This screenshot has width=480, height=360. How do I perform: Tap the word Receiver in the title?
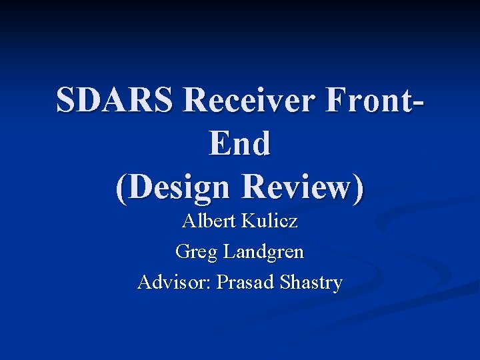(247, 101)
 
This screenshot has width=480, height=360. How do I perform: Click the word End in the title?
(240, 143)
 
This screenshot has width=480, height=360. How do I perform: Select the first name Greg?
(196, 252)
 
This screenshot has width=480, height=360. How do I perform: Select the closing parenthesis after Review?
(359, 188)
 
